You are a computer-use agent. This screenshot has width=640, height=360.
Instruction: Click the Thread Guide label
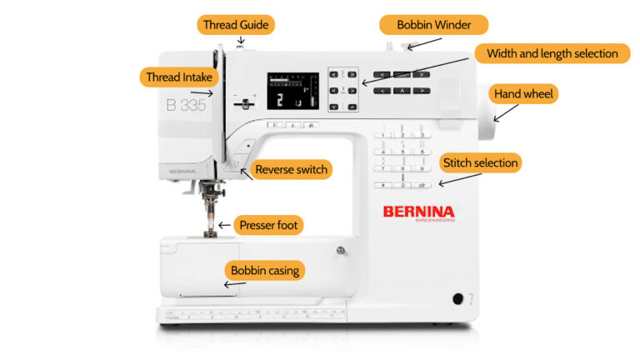(x=237, y=25)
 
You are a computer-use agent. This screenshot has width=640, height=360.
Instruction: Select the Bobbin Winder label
(x=433, y=25)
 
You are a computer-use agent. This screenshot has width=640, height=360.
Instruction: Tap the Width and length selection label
(x=552, y=53)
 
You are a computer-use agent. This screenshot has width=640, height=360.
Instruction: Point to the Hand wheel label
(x=524, y=94)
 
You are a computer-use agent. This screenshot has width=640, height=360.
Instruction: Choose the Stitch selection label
(x=481, y=162)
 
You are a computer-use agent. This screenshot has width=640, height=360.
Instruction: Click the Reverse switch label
(x=292, y=170)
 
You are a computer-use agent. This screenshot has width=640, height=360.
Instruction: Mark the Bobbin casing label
(x=264, y=270)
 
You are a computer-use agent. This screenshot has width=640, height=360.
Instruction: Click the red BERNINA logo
(x=418, y=212)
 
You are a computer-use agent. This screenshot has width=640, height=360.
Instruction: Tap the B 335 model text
(x=186, y=105)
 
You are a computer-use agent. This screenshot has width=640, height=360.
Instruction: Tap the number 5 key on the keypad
(x=402, y=151)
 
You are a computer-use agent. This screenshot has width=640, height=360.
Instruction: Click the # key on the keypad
(x=382, y=183)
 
